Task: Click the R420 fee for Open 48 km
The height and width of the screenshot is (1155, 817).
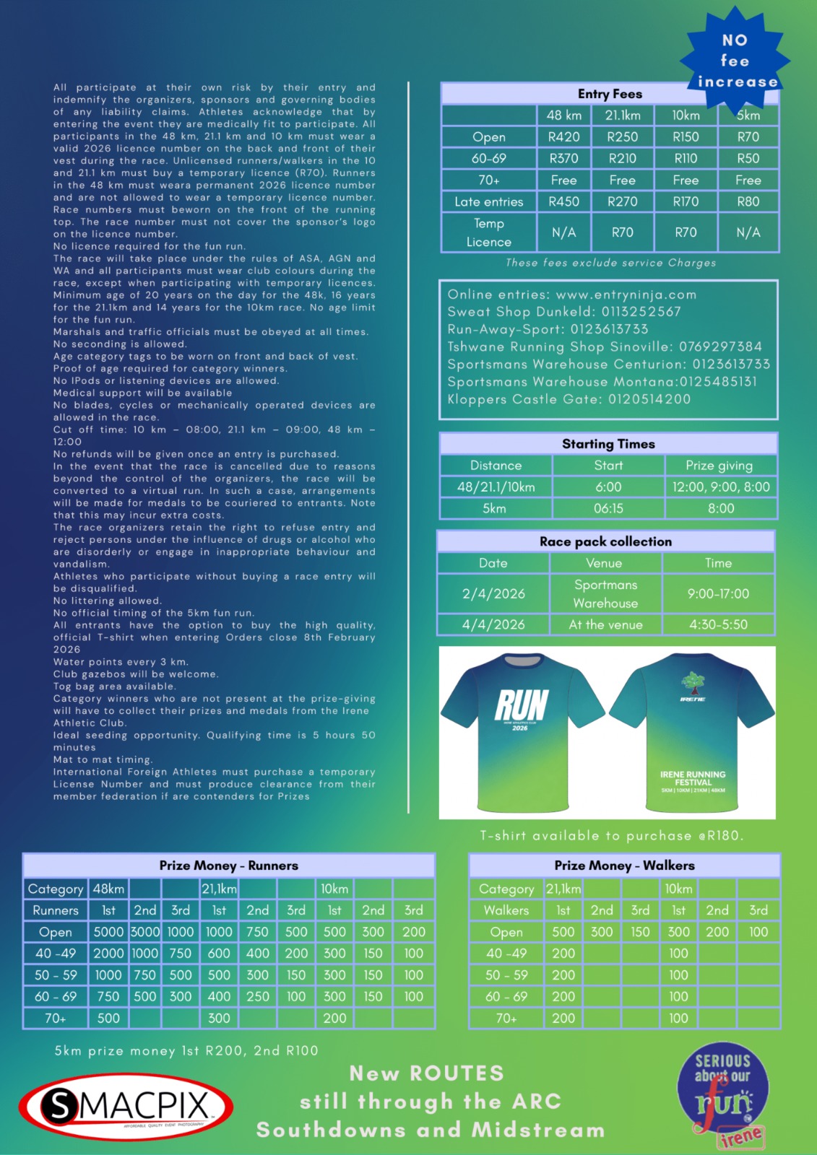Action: click(x=563, y=137)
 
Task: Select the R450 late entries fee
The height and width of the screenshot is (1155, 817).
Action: click(x=563, y=202)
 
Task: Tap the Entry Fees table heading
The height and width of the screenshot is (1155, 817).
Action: click(x=610, y=94)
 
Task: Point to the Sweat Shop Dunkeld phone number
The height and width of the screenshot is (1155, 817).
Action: click(x=636, y=312)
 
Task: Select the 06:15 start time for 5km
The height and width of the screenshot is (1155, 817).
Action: click(x=608, y=509)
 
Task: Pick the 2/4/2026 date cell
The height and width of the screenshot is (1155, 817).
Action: click(x=493, y=594)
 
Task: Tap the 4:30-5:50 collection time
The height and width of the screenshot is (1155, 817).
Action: click(x=718, y=624)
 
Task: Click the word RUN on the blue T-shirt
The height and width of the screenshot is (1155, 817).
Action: click(x=522, y=705)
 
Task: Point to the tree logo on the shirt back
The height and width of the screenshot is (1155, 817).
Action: click(x=693, y=681)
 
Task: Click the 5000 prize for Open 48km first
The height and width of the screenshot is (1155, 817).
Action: click(x=108, y=932)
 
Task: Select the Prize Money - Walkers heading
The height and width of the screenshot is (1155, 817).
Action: click(x=624, y=866)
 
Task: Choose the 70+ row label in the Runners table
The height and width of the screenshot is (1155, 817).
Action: click(x=56, y=1019)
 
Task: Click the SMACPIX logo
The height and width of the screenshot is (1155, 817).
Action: click(x=126, y=1107)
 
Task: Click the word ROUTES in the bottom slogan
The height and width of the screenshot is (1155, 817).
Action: click(x=457, y=1073)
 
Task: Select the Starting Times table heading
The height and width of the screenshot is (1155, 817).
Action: click(x=608, y=444)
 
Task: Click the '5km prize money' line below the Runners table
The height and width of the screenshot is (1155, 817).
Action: click(x=186, y=1051)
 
